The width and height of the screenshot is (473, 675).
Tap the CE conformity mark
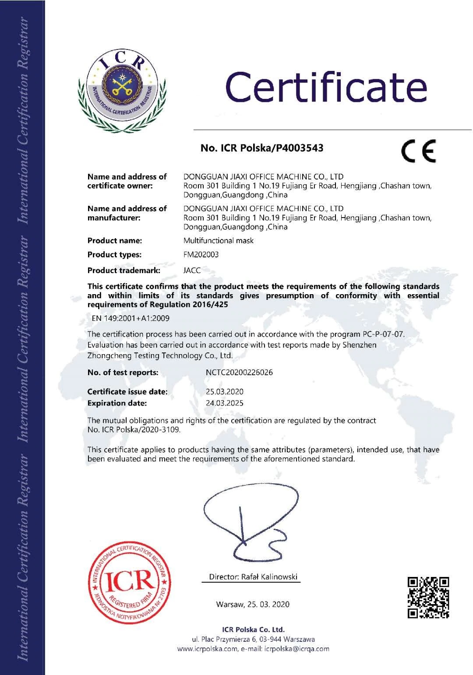click(419, 151)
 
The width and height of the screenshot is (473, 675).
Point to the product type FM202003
click(201, 254)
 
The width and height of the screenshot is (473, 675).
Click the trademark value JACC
click(192, 270)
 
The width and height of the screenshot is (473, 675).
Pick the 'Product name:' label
click(114, 240)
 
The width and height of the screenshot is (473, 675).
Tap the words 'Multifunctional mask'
click(218, 240)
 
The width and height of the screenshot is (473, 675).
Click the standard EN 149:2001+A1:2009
click(130, 318)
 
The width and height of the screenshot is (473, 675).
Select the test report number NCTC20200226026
click(239, 373)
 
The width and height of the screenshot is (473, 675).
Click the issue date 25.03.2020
click(224, 392)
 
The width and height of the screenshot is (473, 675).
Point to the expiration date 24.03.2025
click(224, 403)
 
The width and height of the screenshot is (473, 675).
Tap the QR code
click(428, 597)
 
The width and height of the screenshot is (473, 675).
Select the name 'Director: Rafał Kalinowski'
click(253, 577)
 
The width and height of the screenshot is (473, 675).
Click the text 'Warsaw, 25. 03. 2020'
click(253, 605)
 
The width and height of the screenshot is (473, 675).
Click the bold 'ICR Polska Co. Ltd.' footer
click(253, 629)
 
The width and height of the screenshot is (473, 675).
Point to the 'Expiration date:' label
click(117, 403)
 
